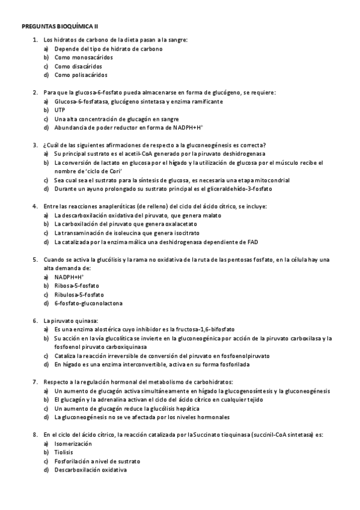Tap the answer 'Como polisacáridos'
[81, 75]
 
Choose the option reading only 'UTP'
[59, 111]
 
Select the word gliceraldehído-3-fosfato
[238, 189]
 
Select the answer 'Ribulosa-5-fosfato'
[79, 295]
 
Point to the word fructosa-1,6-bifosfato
[204, 330]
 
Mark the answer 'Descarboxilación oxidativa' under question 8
[90, 470]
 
